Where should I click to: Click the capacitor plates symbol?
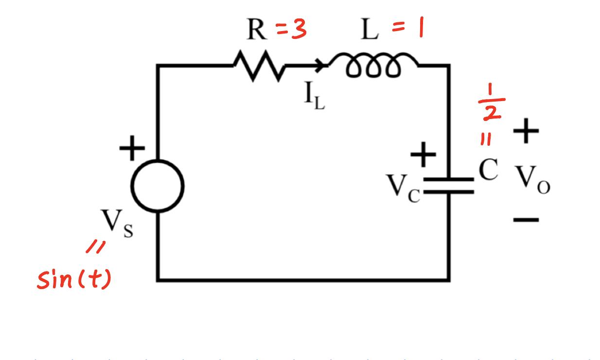click(448, 186)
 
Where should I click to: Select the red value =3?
click(292, 31)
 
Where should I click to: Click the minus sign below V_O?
click(526, 220)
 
